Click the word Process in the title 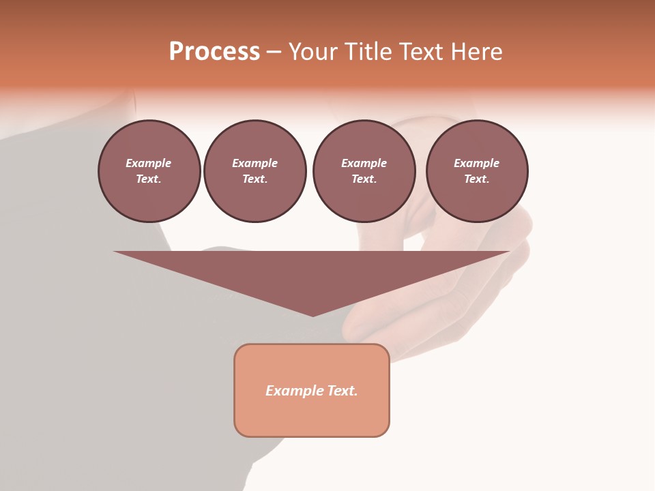(214, 52)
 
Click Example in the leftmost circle (149, 163)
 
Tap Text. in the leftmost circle (149, 179)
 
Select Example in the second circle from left (254, 163)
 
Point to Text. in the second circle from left (254, 179)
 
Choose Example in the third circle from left (364, 163)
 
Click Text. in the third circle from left (364, 179)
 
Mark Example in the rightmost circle (476, 163)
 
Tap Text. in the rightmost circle (476, 179)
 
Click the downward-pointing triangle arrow (312, 273)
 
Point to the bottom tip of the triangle (312, 314)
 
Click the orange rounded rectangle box (312, 416)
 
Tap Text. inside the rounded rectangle (342, 391)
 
